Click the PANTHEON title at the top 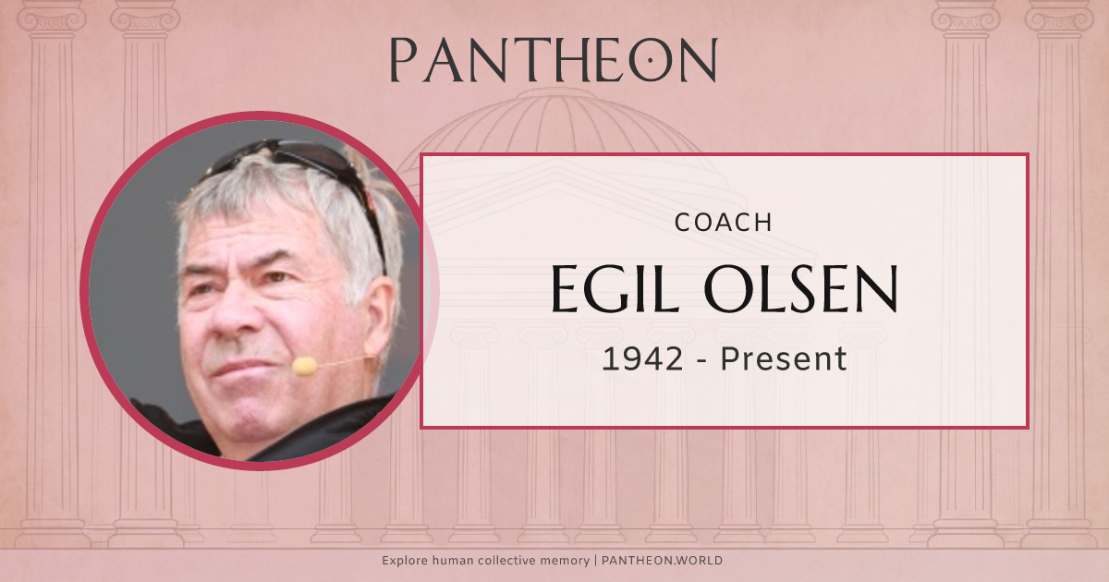pos(553,60)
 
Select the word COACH pos(724,223)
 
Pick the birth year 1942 pos(642,358)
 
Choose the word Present pos(784,358)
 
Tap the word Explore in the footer pos(404,561)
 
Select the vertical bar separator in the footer pos(596,561)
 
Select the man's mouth pos(236,367)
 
